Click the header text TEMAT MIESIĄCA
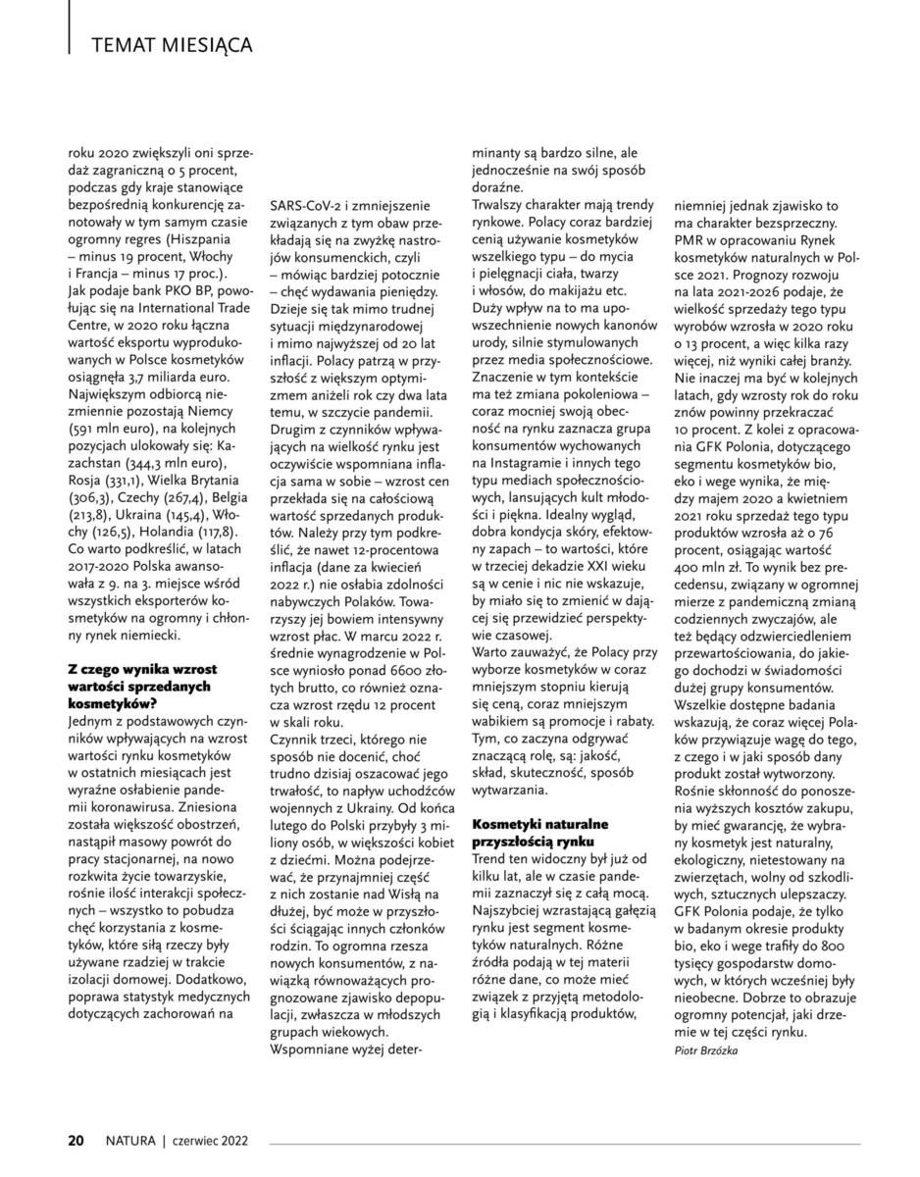(172, 45)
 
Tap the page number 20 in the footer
(76, 1141)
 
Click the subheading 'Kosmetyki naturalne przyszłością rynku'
(540, 833)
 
